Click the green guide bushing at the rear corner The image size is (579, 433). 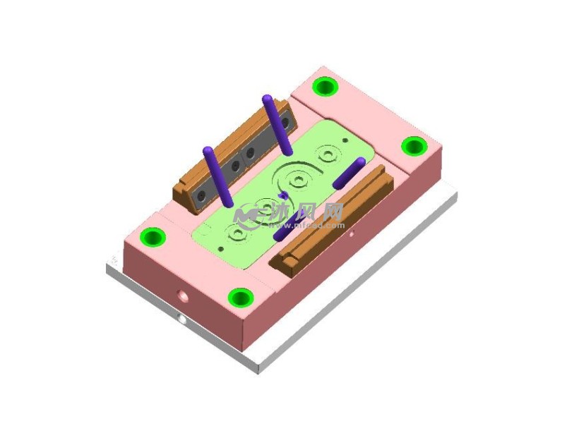pos(325,87)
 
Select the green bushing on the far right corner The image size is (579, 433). pos(413,147)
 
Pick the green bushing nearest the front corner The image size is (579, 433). pos(241,298)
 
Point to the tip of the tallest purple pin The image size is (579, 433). pos(268,98)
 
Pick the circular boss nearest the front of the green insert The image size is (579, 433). pos(238,232)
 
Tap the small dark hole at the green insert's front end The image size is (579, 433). pos(221,249)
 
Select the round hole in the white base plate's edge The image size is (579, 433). pos(181,319)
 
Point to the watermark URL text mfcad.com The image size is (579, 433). pos(318,226)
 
